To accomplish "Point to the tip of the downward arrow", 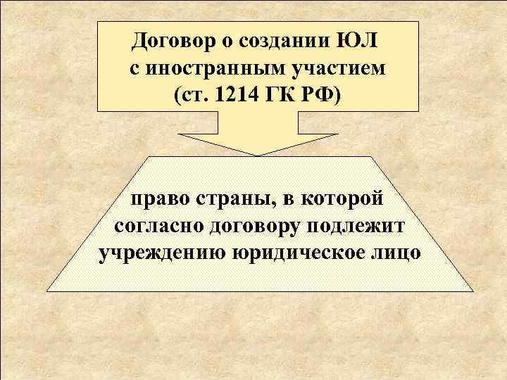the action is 257,154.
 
